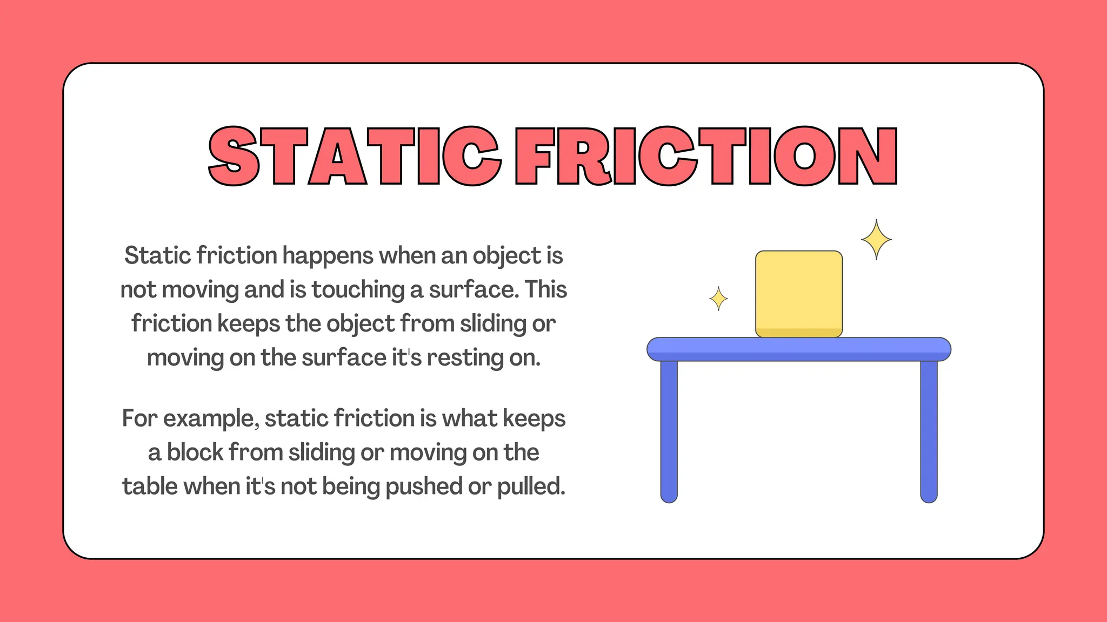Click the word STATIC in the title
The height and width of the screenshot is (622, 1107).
point(354,157)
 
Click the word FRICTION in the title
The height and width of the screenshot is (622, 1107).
point(705,157)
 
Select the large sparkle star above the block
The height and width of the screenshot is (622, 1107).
point(876,240)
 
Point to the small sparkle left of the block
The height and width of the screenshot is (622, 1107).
point(718,299)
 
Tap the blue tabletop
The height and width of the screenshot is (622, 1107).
point(798,349)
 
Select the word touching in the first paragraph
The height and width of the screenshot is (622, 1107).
point(357,290)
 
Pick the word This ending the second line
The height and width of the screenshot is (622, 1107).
point(546,290)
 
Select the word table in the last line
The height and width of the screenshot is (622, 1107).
point(150,487)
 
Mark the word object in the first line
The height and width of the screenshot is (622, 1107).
point(506,256)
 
